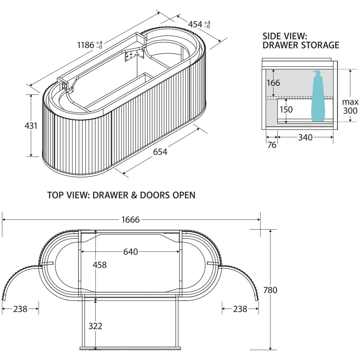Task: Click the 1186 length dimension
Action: (90, 45)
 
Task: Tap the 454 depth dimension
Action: (199, 25)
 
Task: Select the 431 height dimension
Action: (31, 125)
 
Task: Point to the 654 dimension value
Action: (160, 152)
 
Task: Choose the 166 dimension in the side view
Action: (273, 83)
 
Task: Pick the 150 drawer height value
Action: (286, 109)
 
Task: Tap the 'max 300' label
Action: (350, 106)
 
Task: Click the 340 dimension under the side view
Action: (305, 137)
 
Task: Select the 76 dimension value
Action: (272, 145)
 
